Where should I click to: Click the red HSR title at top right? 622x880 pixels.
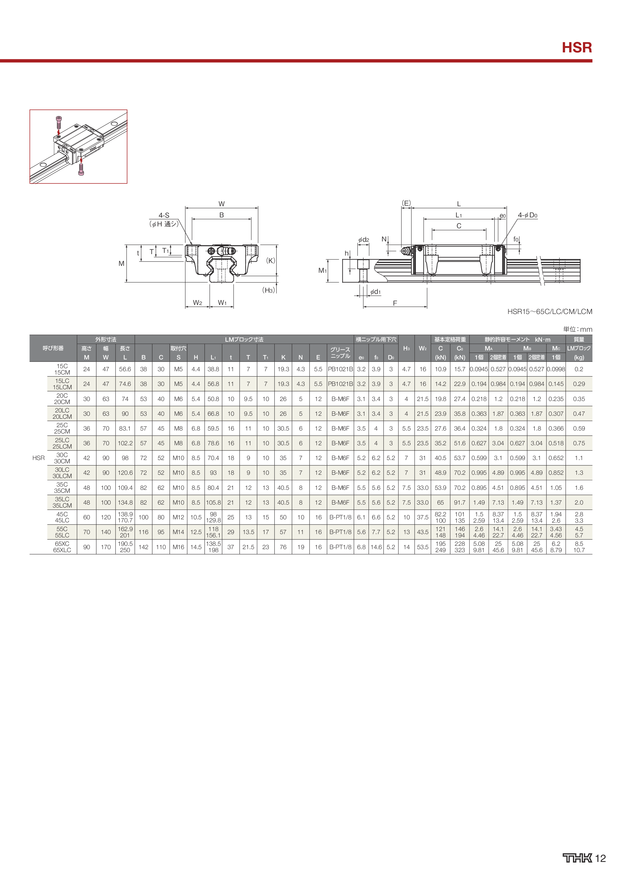point(577,48)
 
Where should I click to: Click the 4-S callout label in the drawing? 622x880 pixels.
point(164,215)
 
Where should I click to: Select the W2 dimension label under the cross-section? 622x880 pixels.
point(197,303)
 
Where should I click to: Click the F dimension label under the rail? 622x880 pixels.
point(395,303)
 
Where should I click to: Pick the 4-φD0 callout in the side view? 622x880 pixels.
point(528,215)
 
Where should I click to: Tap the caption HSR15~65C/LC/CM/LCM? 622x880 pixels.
point(549,312)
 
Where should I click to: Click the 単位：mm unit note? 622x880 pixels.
point(577,329)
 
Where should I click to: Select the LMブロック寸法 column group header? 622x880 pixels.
point(244,340)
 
